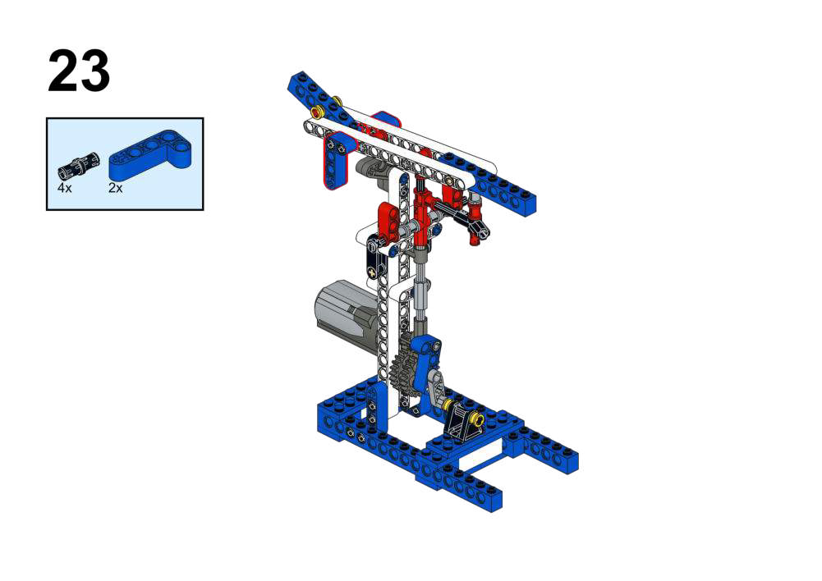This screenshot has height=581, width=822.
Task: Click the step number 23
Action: click(x=79, y=71)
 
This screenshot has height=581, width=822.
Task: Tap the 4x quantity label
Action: click(x=64, y=188)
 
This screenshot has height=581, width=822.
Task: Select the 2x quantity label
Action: click(x=115, y=188)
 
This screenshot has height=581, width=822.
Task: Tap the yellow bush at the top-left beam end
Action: click(x=317, y=112)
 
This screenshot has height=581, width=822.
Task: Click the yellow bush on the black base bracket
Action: click(x=476, y=418)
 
